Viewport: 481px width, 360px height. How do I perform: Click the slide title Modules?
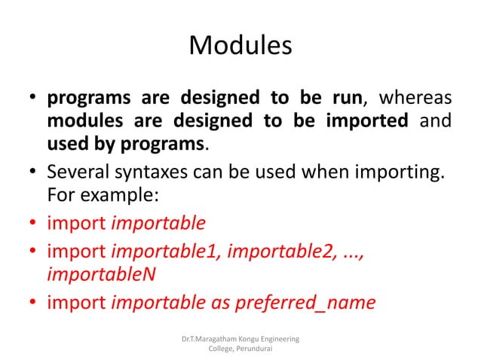[x=240, y=46]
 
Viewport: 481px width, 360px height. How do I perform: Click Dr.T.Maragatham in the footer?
[x=211, y=340]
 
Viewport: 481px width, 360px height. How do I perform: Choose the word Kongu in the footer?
[x=255, y=340]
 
